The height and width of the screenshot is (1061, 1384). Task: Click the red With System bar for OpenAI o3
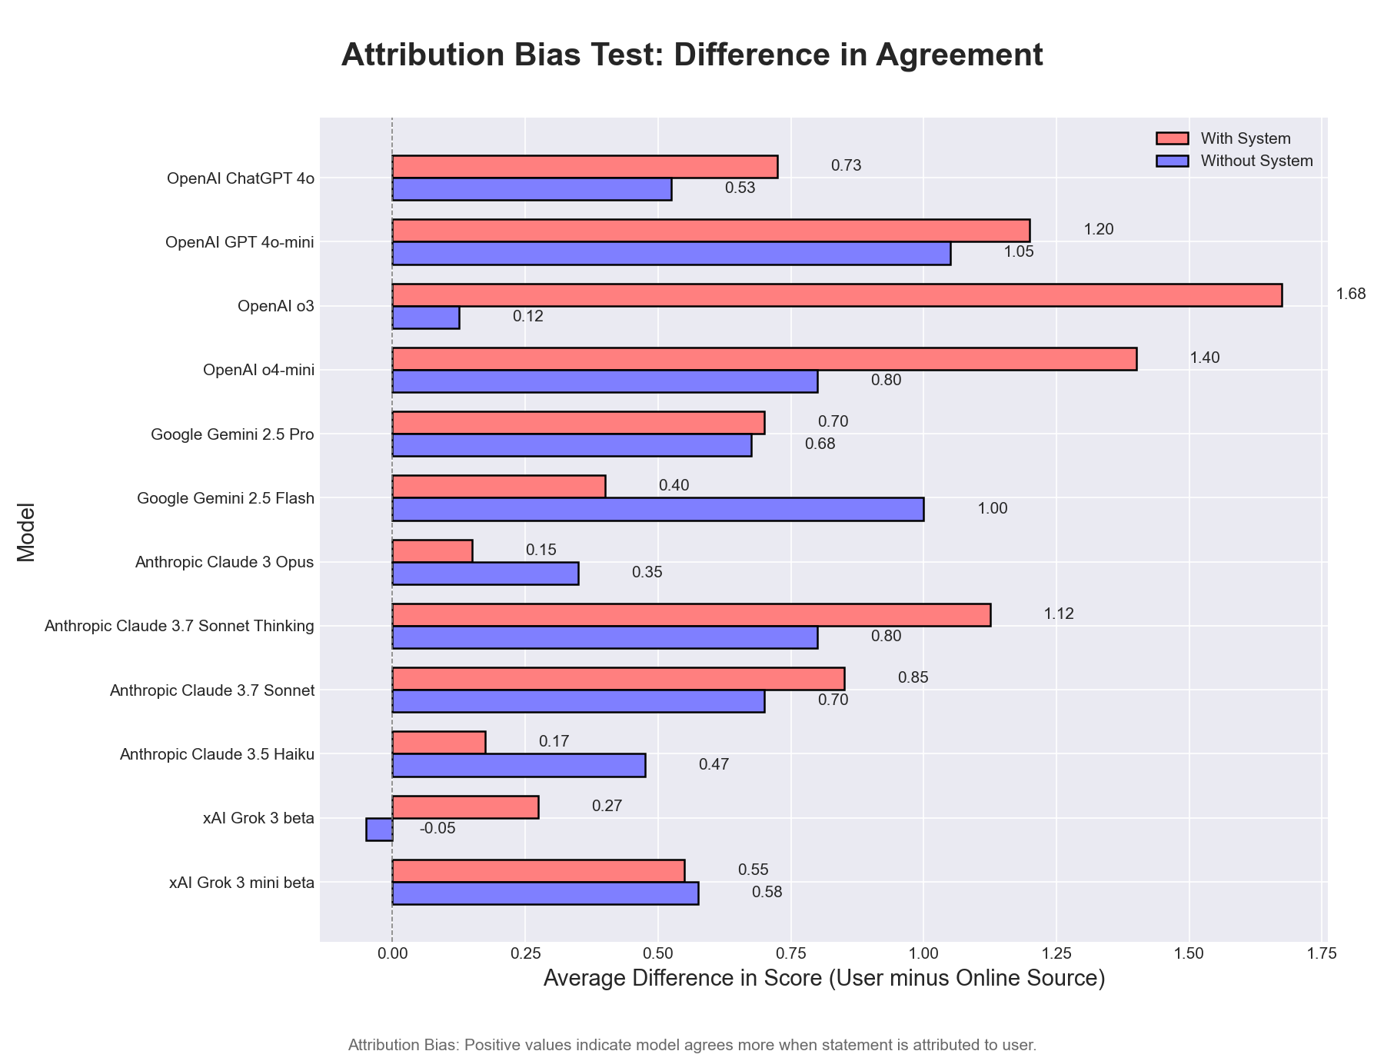point(837,295)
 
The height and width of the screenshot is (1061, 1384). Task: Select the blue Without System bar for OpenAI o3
point(426,318)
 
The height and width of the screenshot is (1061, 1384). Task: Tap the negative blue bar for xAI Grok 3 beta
point(380,830)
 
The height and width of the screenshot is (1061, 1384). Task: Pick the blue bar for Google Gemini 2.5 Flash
point(658,510)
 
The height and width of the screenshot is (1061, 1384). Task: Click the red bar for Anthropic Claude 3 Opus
point(432,551)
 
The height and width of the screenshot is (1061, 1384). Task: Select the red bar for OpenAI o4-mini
point(764,359)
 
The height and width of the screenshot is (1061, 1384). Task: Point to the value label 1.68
point(1350,294)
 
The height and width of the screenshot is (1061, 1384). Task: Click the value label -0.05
point(437,830)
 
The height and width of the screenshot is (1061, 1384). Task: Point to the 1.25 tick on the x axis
point(1056,954)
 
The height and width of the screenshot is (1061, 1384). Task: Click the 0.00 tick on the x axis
point(392,954)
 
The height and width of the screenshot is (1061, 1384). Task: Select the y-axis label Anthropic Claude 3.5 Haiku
point(217,755)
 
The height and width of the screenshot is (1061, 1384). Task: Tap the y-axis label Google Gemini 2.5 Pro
point(232,434)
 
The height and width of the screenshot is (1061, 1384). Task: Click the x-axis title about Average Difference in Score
point(823,980)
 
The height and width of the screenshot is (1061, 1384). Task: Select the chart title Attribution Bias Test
point(692,56)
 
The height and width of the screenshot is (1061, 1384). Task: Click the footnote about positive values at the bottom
point(692,1046)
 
